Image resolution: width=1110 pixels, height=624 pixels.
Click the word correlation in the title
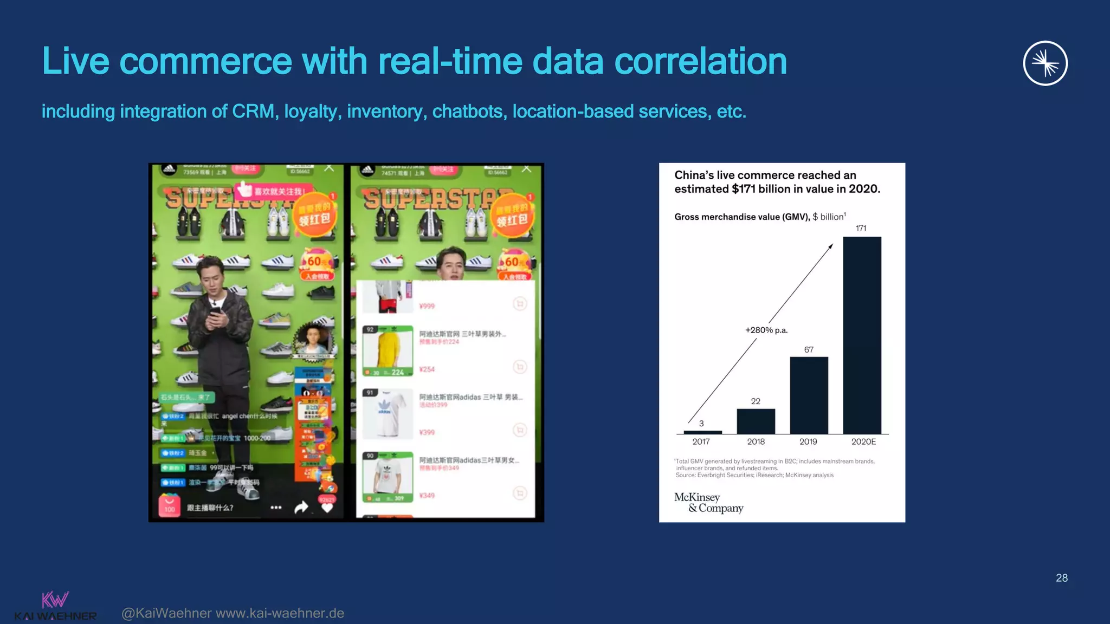pyautogui.click(x=700, y=61)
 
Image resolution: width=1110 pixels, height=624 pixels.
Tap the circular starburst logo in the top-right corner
pyautogui.click(x=1045, y=63)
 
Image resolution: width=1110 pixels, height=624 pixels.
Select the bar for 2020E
pyautogui.click(x=862, y=335)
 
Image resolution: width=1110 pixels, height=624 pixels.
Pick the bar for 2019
pyautogui.click(x=809, y=395)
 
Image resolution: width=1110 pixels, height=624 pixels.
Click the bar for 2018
pyautogui.click(x=756, y=421)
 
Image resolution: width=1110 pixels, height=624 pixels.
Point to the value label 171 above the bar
pyautogui.click(x=861, y=228)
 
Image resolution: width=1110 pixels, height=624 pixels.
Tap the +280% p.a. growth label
pyautogui.click(x=766, y=330)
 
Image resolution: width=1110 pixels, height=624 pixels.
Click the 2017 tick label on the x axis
pyautogui.click(x=701, y=441)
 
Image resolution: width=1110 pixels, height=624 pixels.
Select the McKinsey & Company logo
pyautogui.click(x=708, y=503)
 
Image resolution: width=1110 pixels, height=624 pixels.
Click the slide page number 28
pyautogui.click(x=1061, y=578)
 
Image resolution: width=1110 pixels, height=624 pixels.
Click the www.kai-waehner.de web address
pyautogui.click(x=280, y=613)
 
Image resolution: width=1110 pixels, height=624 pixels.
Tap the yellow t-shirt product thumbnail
pyautogui.click(x=388, y=350)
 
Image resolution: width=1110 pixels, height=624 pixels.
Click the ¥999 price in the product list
pyautogui.click(x=427, y=306)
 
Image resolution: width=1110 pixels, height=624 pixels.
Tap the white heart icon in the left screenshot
pyautogui.click(x=327, y=508)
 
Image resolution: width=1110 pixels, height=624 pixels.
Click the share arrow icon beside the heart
pyautogui.click(x=301, y=507)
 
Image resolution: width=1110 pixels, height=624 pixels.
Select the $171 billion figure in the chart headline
pyautogui.click(x=758, y=189)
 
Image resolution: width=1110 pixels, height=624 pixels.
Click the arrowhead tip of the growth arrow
pyautogui.click(x=831, y=246)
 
